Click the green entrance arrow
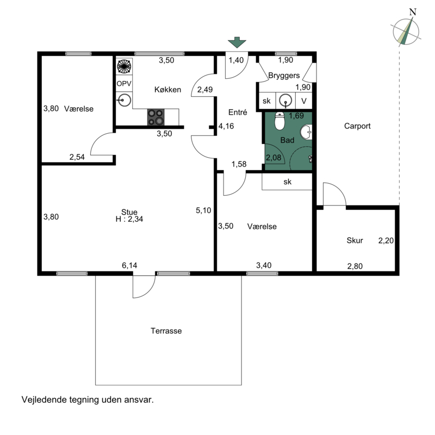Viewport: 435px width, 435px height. (237, 42)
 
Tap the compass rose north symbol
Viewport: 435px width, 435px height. (406, 31)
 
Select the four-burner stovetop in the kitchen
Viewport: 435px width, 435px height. (156, 117)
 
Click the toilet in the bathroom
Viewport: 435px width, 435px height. (279, 121)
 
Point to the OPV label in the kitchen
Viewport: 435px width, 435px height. (124, 84)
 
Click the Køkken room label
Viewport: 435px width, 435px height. (167, 90)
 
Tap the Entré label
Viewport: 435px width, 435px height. (238, 112)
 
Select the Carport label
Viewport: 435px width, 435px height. (357, 126)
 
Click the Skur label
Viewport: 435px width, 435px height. (355, 240)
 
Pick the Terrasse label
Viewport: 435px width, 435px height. (166, 331)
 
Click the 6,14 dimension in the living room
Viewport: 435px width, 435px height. (129, 265)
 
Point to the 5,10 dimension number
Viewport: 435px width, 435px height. (203, 210)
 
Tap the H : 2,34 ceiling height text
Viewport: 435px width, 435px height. (129, 219)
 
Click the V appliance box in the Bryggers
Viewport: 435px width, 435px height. (304, 101)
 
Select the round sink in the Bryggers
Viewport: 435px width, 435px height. (285, 101)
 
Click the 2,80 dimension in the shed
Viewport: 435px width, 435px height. (355, 266)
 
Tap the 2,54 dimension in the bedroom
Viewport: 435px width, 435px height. (77, 157)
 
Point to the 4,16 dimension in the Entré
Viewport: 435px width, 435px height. (226, 126)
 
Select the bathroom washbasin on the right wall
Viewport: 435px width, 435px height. (307, 132)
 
